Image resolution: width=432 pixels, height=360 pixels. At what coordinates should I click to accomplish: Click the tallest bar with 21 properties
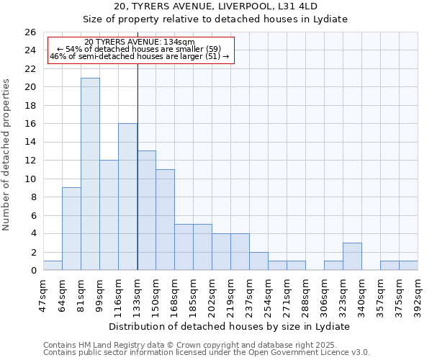tap(90, 174)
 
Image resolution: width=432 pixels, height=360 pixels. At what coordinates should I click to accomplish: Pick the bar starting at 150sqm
tap(165, 220)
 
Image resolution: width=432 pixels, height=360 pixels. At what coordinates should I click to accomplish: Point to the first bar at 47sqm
tap(53, 266)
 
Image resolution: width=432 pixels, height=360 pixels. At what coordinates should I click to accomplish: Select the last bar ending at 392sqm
tap(408, 266)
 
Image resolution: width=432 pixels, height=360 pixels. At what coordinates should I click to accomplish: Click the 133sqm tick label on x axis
tap(138, 292)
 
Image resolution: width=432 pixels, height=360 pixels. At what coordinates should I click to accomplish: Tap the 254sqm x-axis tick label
tap(269, 292)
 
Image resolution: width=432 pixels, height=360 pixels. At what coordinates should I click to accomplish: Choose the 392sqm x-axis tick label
tap(418, 292)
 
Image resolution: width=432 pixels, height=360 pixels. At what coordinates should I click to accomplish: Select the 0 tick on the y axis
tap(32, 270)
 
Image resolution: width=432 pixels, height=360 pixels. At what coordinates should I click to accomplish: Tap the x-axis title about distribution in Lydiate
tap(230, 326)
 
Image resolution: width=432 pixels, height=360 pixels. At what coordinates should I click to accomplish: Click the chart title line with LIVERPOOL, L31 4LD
tap(215, 6)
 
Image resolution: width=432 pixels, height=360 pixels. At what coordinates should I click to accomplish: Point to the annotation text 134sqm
tap(140, 42)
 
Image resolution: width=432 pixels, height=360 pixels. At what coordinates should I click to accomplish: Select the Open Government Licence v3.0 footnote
tap(207, 352)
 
